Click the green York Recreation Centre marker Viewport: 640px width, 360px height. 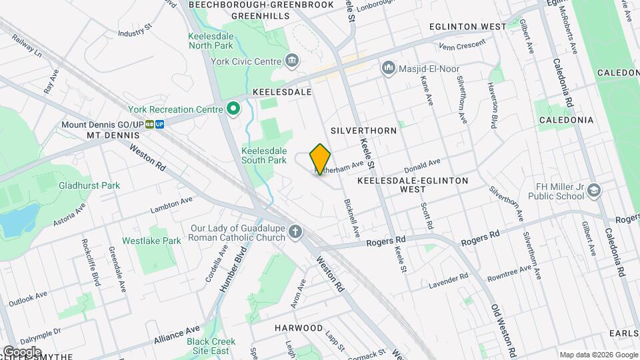pos(233,109)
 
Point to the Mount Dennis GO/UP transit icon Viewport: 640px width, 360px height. pos(155,124)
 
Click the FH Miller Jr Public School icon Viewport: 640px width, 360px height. pos(592,192)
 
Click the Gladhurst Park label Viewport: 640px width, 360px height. pos(89,185)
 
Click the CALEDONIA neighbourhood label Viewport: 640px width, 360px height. pos(566,120)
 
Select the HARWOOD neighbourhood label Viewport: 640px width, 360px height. pos(299,328)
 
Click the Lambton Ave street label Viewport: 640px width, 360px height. pos(171,204)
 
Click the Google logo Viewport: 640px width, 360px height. pos(22,351)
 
